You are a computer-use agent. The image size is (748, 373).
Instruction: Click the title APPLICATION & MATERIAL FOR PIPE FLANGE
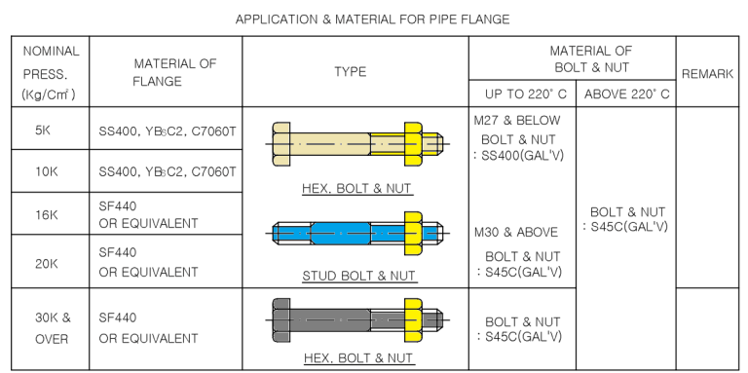[x=373, y=19]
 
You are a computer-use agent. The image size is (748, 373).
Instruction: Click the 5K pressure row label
[x=43, y=130]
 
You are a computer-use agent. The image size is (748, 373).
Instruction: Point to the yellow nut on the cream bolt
[x=412, y=144]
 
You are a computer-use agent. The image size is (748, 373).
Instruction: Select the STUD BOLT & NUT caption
[x=357, y=276]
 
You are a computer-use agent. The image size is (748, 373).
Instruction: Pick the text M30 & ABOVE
[x=516, y=233]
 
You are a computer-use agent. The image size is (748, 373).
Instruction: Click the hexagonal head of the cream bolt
[x=281, y=144]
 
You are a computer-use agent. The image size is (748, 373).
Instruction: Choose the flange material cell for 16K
[x=148, y=214]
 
